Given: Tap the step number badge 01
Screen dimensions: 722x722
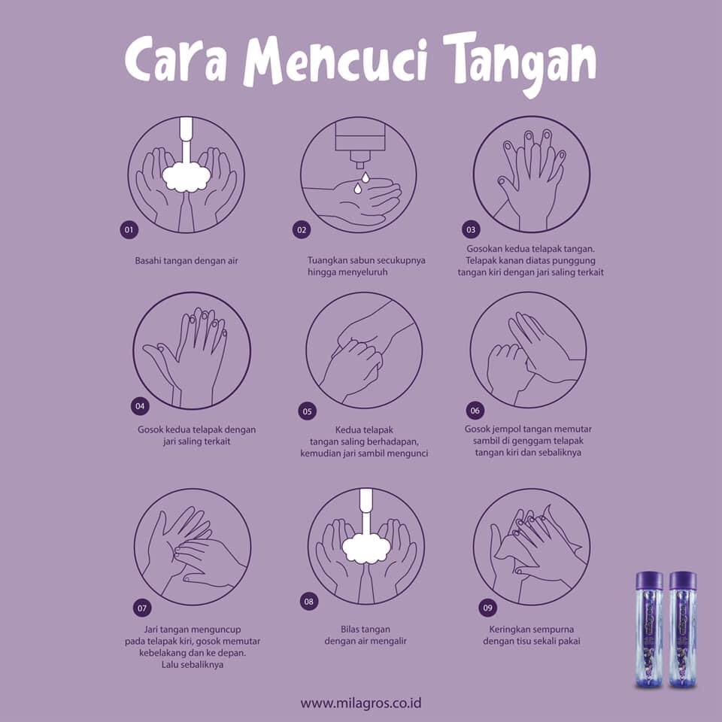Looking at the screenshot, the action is pyautogui.click(x=129, y=230).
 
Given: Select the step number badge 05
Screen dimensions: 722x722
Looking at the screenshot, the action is pyautogui.click(x=308, y=411).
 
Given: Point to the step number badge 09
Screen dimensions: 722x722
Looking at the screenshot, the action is pyautogui.click(x=487, y=608).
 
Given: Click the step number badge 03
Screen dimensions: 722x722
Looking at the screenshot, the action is pyautogui.click(x=471, y=230).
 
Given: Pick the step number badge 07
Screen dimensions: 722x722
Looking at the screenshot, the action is pyautogui.click(x=142, y=608).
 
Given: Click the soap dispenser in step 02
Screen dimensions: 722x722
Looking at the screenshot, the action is pyautogui.click(x=359, y=143).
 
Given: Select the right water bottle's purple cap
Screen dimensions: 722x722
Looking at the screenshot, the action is pyautogui.click(x=683, y=582).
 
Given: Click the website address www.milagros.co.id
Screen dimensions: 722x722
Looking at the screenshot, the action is pyautogui.click(x=360, y=703).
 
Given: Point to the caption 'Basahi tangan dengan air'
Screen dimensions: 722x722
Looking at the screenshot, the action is pyautogui.click(x=187, y=261).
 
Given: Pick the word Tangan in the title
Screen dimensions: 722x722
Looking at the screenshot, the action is pyautogui.click(x=521, y=63).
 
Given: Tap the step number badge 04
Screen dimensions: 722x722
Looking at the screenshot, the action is pyautogui.click(x=140, y=406).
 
